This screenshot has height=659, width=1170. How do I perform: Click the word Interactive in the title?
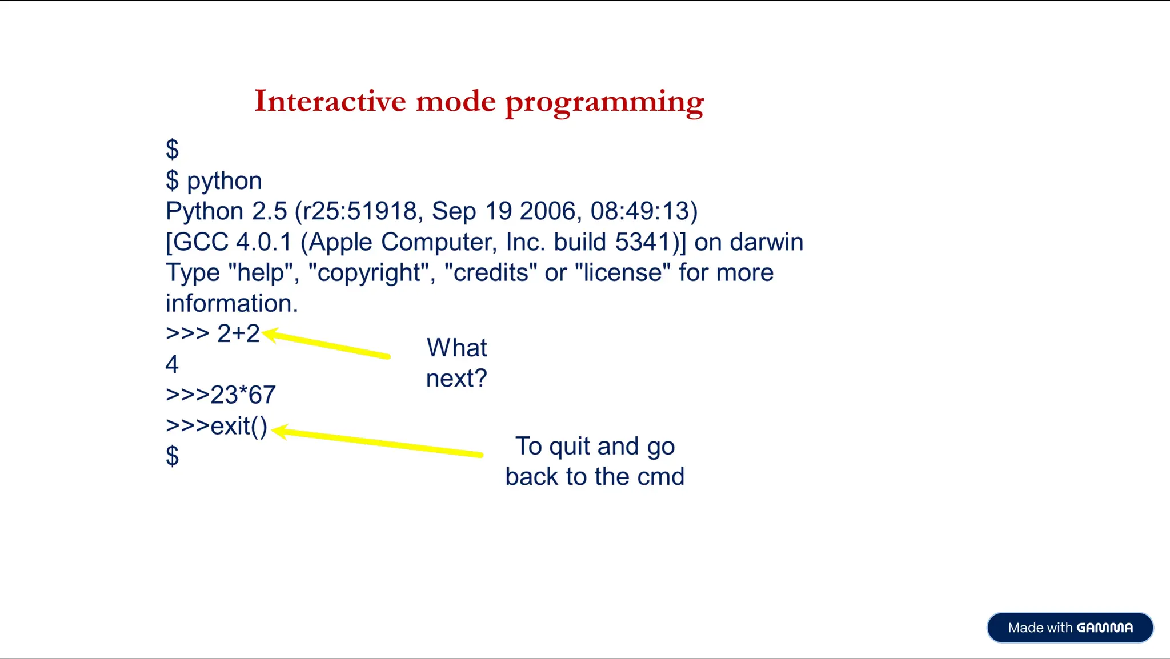(x=330, y=101)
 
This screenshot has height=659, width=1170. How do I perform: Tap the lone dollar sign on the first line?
(x=172, y=150)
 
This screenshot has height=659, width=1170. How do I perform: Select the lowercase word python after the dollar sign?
(x=225, y=182)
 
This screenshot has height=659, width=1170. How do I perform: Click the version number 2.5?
(x=270, y=211)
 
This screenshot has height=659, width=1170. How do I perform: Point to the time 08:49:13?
(x=640, y=211)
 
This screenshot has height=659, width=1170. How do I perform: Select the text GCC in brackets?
(x=201, y=242)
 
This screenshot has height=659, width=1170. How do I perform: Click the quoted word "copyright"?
(x=371, y=273)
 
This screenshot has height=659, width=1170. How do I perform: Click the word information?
(x=231, y=303)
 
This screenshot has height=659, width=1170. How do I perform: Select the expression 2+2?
(x=238, y=333)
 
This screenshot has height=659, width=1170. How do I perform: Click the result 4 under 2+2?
(x=172, y=364)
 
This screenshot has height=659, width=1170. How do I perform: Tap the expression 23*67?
(x=243, y=395)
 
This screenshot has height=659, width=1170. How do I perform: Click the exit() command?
(x=238, y=426)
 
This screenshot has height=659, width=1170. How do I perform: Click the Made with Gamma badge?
(x=1069, y=628)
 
